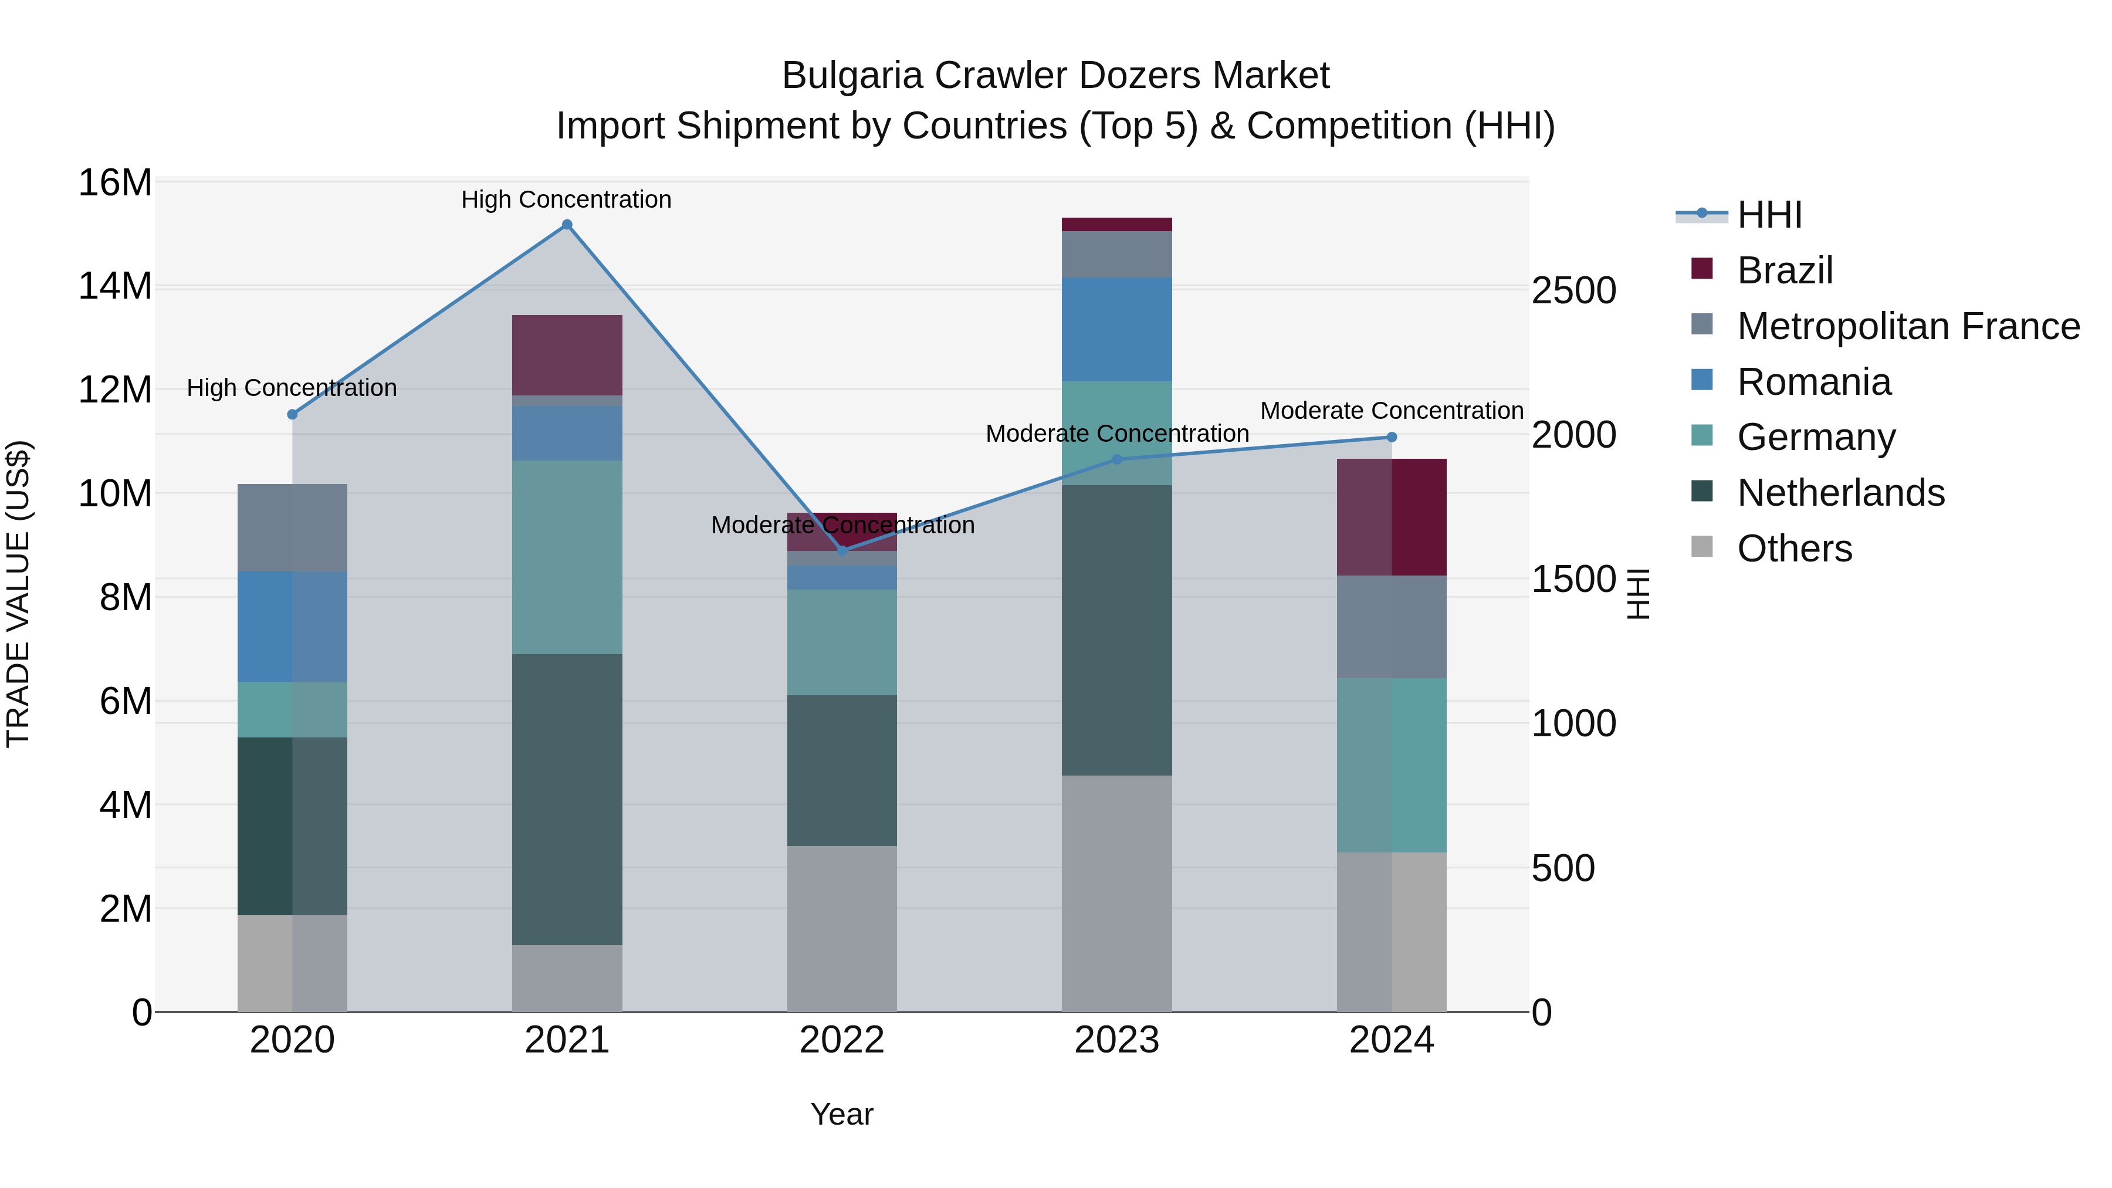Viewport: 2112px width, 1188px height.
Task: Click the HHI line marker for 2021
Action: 567,225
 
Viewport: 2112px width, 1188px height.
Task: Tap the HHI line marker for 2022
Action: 842,550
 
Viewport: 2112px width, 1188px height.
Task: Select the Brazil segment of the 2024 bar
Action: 1392,517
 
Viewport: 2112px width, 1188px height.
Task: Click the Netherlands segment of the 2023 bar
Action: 1116,629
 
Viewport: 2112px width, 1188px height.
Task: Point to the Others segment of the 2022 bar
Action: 842,928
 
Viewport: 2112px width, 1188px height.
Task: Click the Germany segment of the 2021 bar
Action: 567,557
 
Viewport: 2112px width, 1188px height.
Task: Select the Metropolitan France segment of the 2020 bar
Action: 292,527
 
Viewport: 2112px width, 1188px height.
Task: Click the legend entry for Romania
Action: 1813,382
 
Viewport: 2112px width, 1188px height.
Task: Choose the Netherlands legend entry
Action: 1840,493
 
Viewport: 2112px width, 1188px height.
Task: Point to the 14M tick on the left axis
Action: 115,286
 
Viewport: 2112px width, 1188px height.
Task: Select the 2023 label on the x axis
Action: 1116,1040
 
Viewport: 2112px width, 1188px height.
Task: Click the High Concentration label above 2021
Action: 567,199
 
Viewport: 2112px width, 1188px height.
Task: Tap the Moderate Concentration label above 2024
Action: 1392,410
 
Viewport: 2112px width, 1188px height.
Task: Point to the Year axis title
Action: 842,1114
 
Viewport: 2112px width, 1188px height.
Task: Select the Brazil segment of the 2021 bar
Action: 567,355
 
